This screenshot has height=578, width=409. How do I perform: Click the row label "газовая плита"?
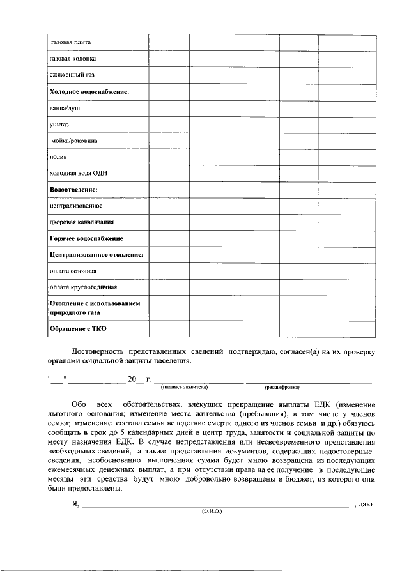[72, 42]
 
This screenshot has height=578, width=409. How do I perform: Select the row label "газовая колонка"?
[73, 59]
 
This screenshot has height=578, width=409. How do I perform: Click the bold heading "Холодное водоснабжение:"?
[89, 92]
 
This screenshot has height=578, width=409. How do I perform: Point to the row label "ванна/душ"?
[65, 109]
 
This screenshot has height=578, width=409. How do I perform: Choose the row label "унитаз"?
[60, 125]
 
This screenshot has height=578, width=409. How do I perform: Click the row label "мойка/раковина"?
[75, 141]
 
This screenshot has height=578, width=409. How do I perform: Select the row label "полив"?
[59, 156]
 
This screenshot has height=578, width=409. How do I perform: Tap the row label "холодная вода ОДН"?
[79, 173]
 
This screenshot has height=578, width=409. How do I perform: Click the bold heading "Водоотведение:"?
[73, 190]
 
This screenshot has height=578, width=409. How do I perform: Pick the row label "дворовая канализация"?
[82, 222]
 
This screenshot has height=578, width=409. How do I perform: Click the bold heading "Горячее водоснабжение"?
[86, 238]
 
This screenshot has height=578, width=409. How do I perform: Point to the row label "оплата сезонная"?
[73, 271]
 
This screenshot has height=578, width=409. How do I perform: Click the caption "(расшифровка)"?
[282, 388]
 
